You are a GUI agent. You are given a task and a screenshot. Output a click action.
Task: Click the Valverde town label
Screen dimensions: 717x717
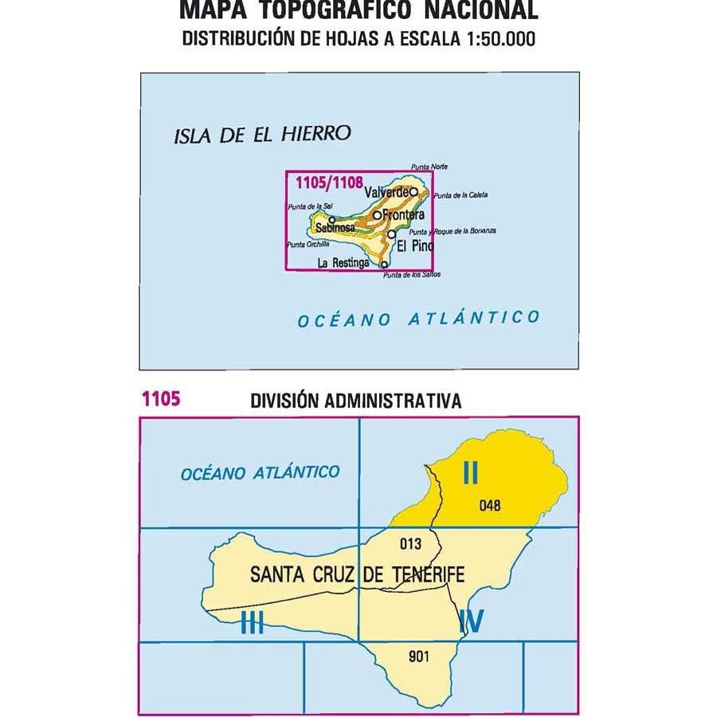[386, 193]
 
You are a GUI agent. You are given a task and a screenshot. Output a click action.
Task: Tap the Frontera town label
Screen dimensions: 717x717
[402, 215]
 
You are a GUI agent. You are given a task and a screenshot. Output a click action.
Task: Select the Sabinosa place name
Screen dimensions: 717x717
[335, 228]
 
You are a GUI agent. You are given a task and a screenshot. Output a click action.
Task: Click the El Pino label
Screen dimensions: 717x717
[415, 246]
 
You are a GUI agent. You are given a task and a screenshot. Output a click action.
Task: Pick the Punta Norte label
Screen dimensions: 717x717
[429, 167]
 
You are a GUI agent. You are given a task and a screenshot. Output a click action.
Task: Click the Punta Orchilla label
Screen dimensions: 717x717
[307, 244]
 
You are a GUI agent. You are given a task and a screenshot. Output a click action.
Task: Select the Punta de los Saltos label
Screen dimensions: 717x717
[411, 275]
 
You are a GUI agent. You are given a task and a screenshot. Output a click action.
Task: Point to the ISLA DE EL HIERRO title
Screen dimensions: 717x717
[262, 135]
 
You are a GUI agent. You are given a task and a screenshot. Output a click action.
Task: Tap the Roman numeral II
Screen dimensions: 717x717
[471, 474]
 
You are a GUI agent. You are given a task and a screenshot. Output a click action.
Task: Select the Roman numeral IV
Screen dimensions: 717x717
[471, 621]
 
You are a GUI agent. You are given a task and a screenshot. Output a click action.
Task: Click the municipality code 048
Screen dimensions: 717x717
[491, 504]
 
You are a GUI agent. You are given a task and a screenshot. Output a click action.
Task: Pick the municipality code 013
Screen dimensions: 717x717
[409, 544]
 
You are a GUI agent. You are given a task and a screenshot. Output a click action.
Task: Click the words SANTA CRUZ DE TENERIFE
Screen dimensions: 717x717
[357, 574]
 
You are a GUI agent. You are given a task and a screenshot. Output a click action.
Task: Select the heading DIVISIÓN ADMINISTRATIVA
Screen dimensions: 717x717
[355, 401]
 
